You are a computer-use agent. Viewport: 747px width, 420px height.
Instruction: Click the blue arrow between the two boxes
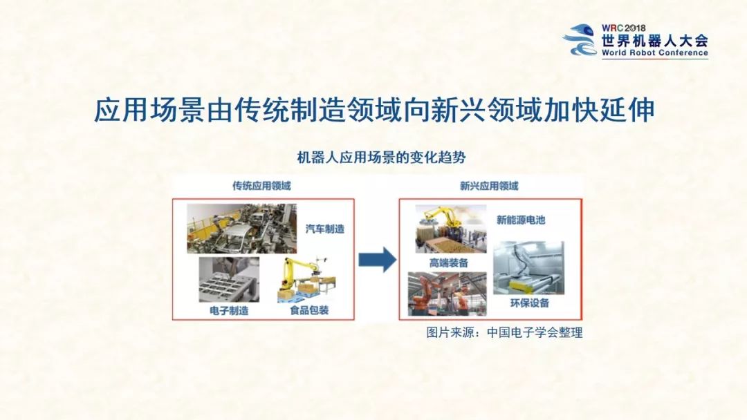(x=377, y=260)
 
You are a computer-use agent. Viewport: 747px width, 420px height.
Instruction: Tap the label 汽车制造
(x=325, y=229)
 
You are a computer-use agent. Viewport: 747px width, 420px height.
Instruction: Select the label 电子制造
(x=229, y=311)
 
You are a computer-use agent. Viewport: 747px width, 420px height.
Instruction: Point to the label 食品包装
(x=309, y=311)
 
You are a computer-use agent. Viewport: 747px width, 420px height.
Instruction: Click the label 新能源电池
(x=521, y=220)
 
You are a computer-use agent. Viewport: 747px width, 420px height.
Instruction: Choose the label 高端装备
(x=449, y=262)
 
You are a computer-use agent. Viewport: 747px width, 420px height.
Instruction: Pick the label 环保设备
(x=529, y=303)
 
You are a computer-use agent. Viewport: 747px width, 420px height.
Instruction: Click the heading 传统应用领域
(x=261, y=185)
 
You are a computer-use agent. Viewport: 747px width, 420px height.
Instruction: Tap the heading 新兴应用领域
(x=489, y=185)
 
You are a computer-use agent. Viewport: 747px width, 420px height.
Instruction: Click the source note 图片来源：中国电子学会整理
(x=504, y=333)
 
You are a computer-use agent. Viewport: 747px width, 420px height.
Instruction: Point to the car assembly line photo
(x=241, y=228)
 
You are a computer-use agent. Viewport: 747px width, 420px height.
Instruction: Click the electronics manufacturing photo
(x=229, y=279)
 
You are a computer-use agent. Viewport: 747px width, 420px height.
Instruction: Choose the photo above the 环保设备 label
(x=528, y=267)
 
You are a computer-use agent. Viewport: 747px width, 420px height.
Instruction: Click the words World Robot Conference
(x=654, y=53)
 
